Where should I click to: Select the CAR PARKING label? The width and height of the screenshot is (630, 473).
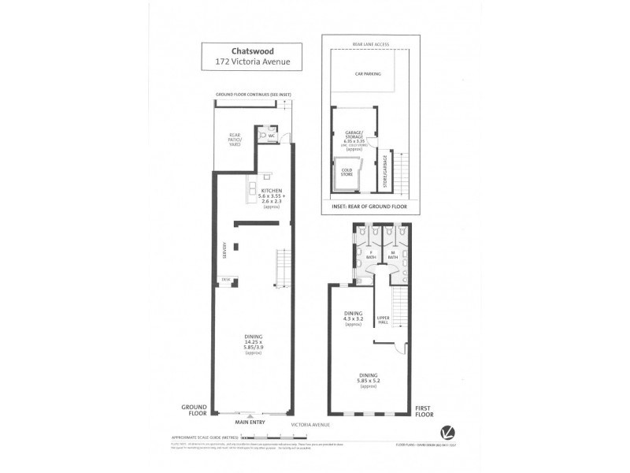(x=368, y=73)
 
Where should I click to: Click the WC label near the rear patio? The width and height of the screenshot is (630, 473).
(x=271, y=136)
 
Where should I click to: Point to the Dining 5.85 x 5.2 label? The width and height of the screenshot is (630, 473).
(x=367, y=378)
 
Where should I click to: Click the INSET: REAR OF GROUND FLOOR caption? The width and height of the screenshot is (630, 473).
(x=368, y=206)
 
